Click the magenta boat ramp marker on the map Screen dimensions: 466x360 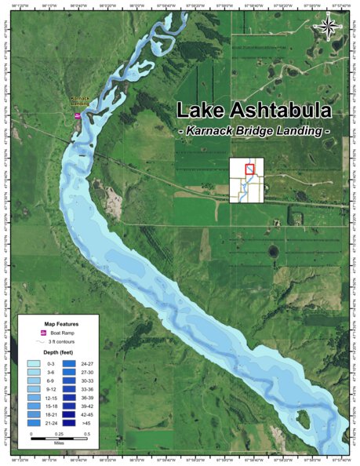pyautogui.click(x=77, y=116)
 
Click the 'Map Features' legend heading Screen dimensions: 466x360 pyautogui.click(x=60, y=322)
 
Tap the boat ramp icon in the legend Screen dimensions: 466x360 pyautogui.click(x=44, y=333)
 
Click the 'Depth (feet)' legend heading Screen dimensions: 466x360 pyautogui.click(x=60, y=355)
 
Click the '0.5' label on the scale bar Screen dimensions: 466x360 pyautogui.click(x=87, y=434)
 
